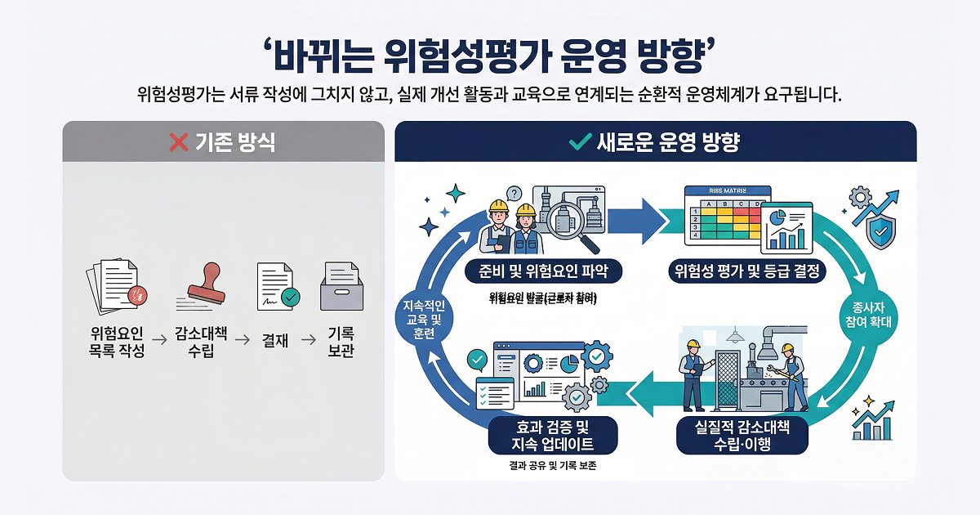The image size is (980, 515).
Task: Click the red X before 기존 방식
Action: click(178, 142)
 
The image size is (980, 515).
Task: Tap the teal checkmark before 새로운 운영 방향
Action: click(579, 142)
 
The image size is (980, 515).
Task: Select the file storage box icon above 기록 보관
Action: click(341, 286)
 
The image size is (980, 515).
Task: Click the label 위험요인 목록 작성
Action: click(118, 343)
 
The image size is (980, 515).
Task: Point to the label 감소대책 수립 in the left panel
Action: click(201, 343)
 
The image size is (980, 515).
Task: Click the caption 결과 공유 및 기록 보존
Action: click(548, 468)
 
